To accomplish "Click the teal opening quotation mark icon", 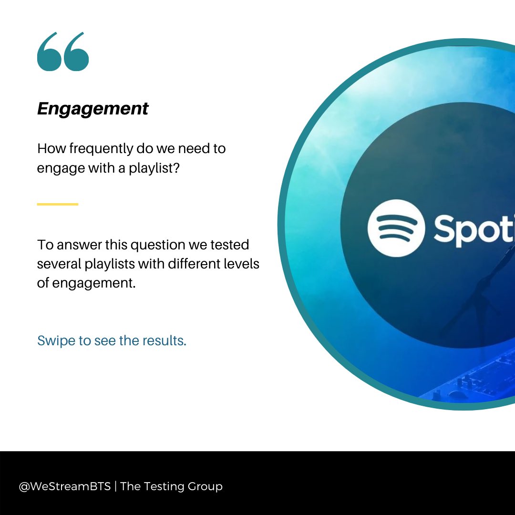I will click(63, 52).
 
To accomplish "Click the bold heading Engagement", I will click(93, 109).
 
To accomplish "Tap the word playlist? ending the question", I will click(154, 168).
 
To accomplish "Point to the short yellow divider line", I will click(58, 204).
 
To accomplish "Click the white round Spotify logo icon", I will click(395, 228).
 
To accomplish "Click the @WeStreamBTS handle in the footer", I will click(64, 487).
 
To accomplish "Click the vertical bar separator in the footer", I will click(115, 487).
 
